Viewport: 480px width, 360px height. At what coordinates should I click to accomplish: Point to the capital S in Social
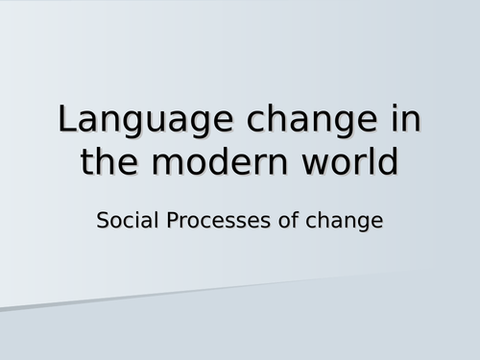(104, 220)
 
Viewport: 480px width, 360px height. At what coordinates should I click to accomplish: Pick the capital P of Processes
(174, 220)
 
